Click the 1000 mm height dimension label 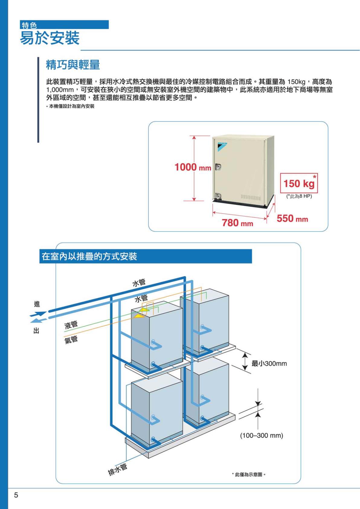(193, 167)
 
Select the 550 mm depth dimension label (292, 219)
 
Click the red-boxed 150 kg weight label (299, 183)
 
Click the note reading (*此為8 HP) (299, 196)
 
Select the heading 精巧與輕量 (73, 65)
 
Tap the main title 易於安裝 (50, 38)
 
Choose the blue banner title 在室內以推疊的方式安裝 (89, 257)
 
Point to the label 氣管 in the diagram (71, 340)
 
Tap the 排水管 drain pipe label (117, 470)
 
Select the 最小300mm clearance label (269, 364)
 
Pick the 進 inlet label (37, 304)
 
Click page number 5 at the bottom (16, 495)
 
